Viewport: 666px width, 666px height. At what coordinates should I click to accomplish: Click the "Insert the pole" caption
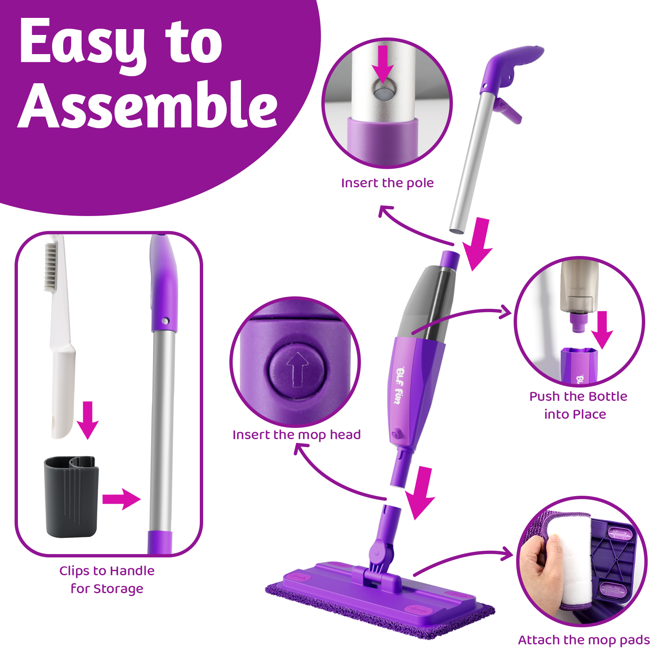(387, 183)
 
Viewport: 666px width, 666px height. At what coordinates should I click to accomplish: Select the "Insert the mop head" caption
(296, 435)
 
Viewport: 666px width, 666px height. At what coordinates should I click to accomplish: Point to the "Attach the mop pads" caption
(584, 640)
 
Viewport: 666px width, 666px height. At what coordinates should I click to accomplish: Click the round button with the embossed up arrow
(297, 369)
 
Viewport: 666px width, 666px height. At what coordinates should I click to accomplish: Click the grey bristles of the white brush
(51, 266)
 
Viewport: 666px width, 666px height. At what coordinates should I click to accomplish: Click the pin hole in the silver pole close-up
(383, 90)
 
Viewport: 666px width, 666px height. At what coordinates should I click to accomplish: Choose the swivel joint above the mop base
(380, 552)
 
